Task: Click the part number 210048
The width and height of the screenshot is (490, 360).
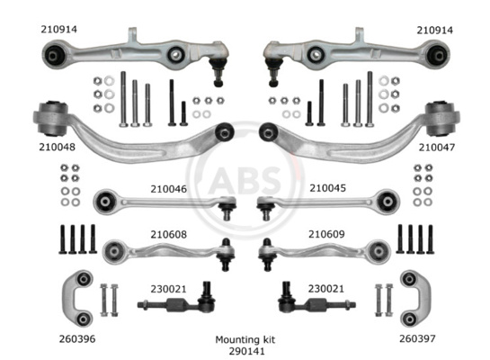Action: [58, 147]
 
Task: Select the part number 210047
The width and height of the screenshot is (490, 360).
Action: [437, 148]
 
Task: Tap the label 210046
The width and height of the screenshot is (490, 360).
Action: [169, 189]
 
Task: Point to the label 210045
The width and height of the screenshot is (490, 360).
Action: [328, 188]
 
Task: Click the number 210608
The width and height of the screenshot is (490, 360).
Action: [169, 235]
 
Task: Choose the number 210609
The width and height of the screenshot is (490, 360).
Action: [326, 234]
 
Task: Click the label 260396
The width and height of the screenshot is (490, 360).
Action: [77, 339]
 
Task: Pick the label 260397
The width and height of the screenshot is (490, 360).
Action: [417, 338]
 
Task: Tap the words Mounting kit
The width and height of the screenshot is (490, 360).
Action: [245, 339]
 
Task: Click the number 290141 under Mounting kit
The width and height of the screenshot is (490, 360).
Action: [247, 351]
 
